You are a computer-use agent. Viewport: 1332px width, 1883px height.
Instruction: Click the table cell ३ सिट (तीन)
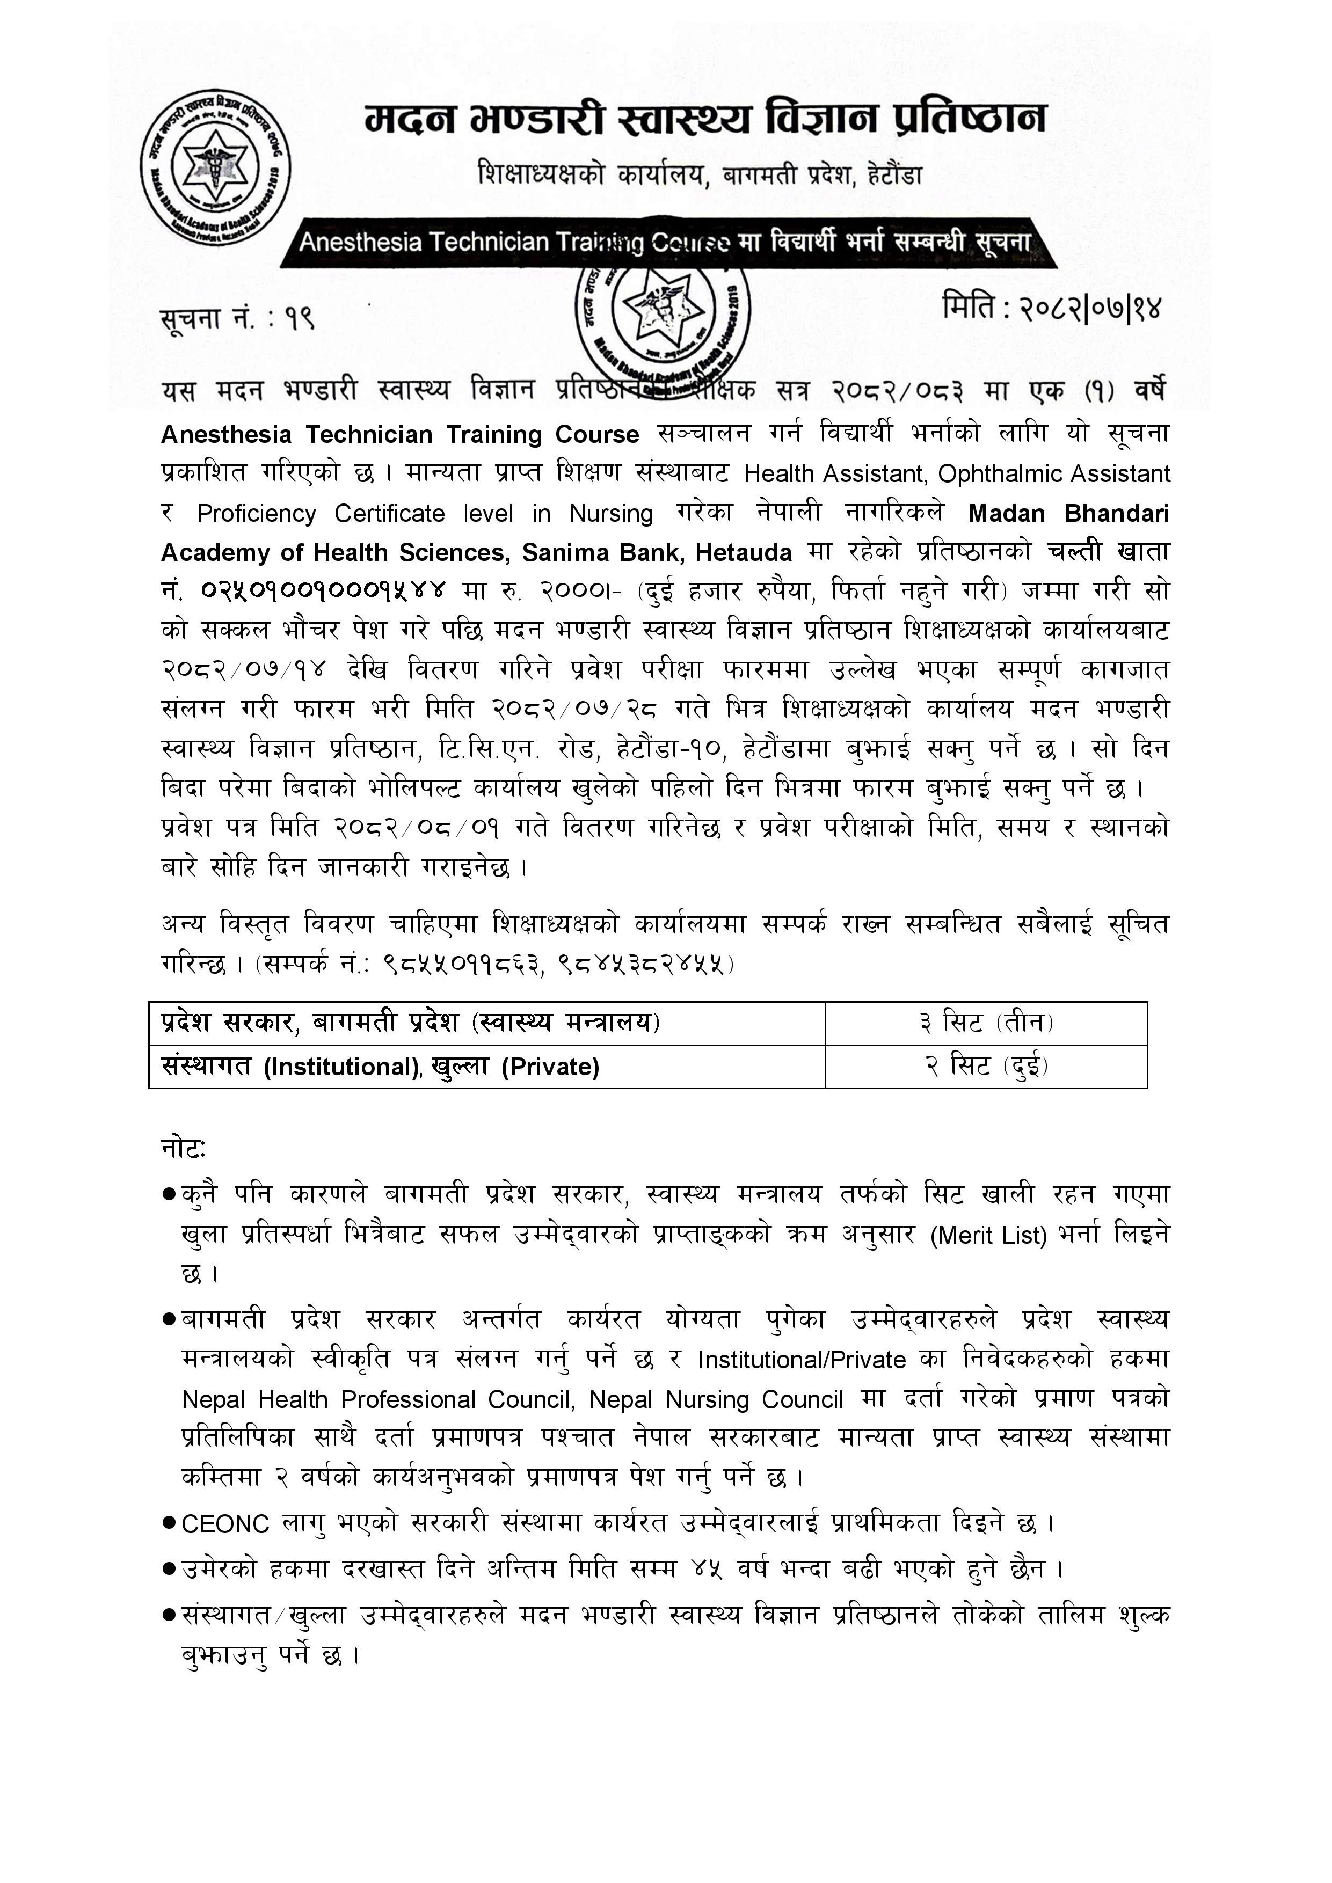click(986, 1023)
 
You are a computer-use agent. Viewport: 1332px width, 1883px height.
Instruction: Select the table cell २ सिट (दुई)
click(986, 1066)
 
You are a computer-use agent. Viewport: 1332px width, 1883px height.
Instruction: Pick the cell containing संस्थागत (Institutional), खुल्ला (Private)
click(381, 1066)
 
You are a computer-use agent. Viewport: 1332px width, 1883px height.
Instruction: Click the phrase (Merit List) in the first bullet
click(989, 1235)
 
